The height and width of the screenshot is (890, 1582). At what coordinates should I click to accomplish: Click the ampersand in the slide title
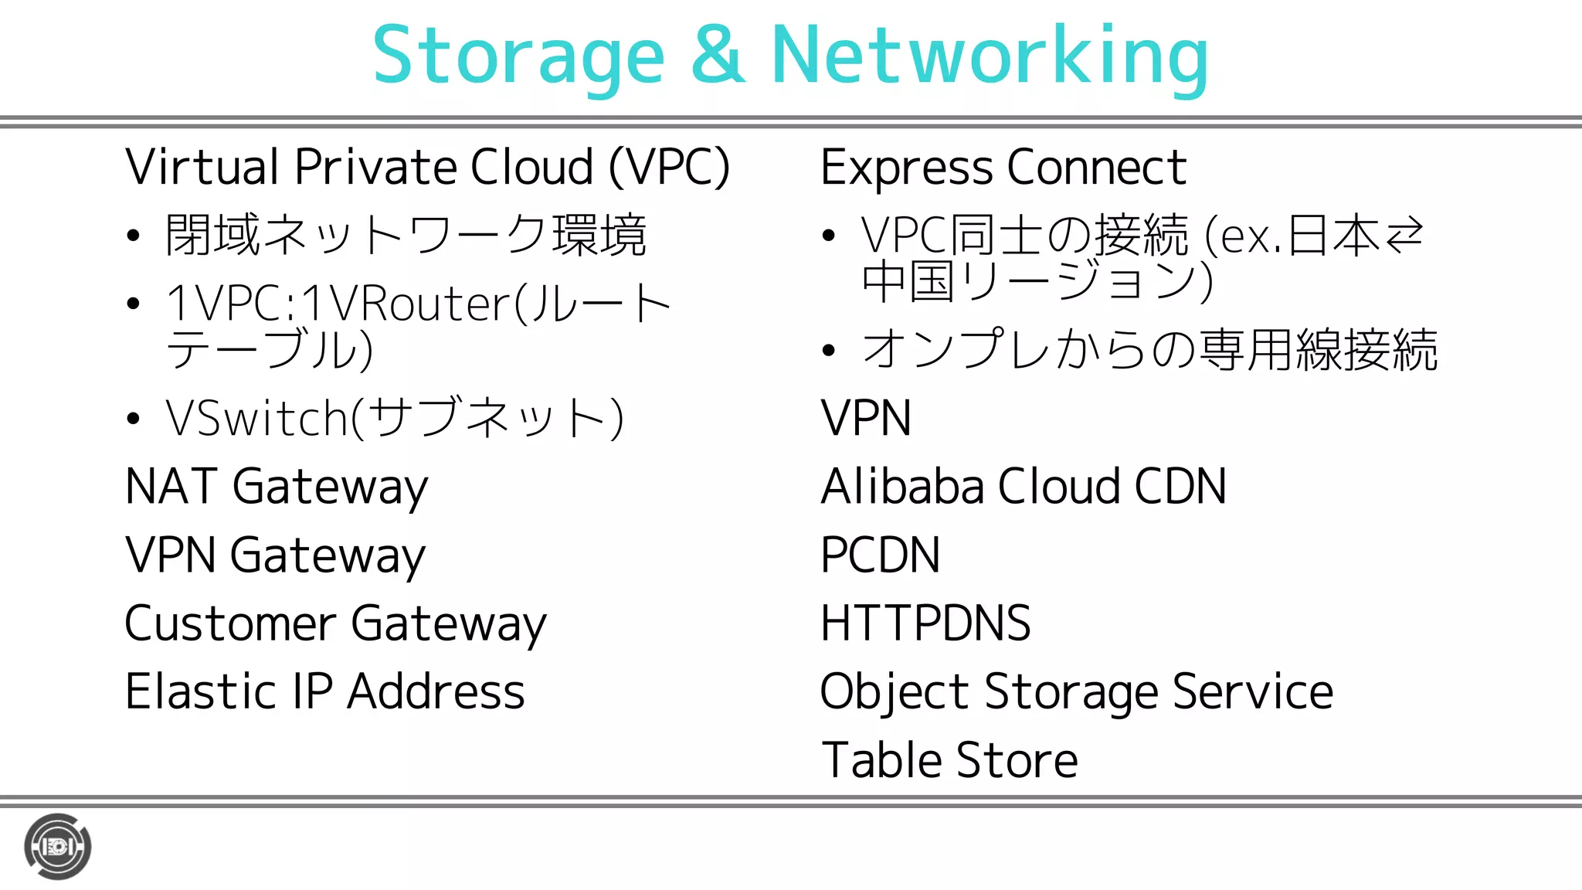click(x=718, y=56)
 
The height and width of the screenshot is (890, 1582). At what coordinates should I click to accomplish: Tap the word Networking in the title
click(x=990, y=56)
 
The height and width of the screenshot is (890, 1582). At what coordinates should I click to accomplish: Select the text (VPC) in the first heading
click(x=669, y=167)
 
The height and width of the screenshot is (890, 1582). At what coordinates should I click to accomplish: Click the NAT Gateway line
click(x=277, y=487)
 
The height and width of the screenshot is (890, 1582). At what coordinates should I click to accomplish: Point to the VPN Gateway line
click(x=275, y=555)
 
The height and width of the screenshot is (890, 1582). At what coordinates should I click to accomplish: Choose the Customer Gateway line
click(x=335, y=623)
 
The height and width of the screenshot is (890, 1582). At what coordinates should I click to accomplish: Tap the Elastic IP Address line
click(x=324, y=691)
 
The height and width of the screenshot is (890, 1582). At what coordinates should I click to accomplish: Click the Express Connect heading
click(x=1003, y=167)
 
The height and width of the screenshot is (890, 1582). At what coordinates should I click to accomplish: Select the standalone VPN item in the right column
click(x=865, y=419)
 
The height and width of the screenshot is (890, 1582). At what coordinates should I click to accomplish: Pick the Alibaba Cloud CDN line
click(x=1023, y=487)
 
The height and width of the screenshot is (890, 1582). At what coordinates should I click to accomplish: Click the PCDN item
click(x=880, y=555)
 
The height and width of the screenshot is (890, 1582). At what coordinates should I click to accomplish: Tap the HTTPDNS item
click(x=925, y=623)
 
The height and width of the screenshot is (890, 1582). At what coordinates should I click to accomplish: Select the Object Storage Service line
click(x=1076, y=691)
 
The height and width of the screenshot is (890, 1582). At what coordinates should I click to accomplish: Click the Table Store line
click(x=949, y=760)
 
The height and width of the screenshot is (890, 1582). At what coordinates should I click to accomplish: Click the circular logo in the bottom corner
click(x=58, y=847)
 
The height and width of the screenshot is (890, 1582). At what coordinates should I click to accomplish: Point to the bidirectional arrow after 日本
click(x=1404, y=236)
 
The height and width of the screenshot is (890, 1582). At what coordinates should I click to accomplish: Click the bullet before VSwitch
click(x=134, y=419)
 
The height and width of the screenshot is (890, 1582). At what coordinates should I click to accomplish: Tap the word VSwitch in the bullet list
click(x=257, y=419)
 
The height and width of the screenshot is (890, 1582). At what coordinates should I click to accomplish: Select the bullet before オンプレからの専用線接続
click(x=829, y=350)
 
